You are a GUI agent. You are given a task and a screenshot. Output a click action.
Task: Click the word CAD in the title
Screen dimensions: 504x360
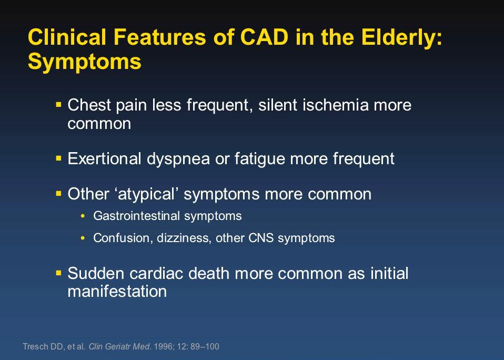[x=264, y=37]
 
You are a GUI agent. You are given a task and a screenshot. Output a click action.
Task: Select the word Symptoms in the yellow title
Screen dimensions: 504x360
[x=85, y=62]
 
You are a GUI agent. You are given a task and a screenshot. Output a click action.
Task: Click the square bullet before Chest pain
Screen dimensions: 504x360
[x=58, y=104]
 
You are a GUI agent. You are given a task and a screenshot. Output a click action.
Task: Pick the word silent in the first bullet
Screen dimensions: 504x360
[x=278, y=105]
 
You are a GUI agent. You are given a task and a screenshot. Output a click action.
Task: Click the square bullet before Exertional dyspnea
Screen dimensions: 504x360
[x=58, y=158]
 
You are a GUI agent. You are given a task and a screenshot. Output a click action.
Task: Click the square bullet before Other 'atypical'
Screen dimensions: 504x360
[x=58, y=194]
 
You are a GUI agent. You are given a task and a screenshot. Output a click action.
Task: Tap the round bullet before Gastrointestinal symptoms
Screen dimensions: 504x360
[x=83, y=216]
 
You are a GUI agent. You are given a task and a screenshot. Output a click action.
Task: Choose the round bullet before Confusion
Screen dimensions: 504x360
[x=83, y=238]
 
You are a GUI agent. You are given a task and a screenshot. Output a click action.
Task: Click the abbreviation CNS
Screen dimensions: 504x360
[x=261, y=238]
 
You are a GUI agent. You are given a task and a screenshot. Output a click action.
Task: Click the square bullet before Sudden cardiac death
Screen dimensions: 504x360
[x=58, y=273]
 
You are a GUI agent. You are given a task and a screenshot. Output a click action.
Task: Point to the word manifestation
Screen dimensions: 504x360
[x=117, y=291]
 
